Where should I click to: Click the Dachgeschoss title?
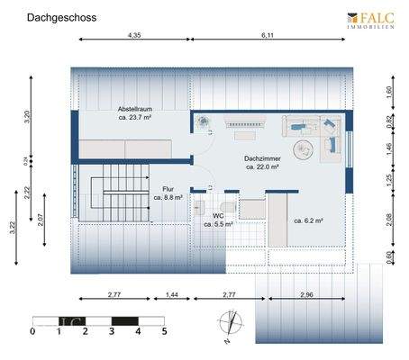[61, 17]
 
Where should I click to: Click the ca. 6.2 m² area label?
[308, 220]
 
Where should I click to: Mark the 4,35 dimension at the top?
[134, 35]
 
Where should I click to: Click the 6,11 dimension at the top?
[268, 35]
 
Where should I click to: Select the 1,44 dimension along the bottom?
[171, 294]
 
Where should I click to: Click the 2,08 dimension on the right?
[389, 219]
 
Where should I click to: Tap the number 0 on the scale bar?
[32, 331]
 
